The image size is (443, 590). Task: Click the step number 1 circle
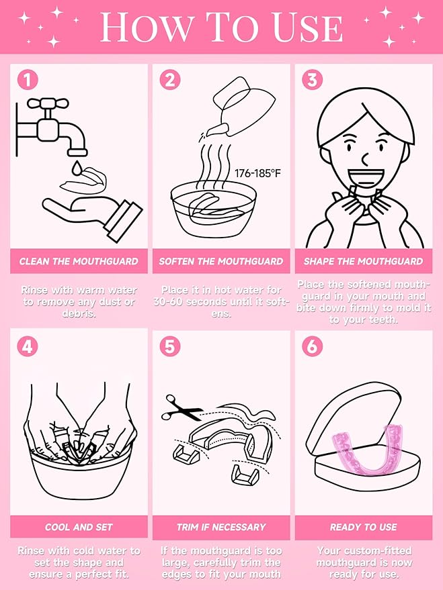coord(28,80)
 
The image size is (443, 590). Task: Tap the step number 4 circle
coord(28,346)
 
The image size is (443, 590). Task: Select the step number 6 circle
coord(313,346)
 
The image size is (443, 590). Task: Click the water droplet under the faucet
coord(77,168)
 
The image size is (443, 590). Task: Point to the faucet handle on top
coord(48,103)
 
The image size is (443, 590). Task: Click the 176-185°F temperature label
coord(257,173)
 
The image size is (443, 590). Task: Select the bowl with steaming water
coord(214,210)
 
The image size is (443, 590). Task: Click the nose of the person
coord(366,160)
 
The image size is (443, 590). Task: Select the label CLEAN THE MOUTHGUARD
coord(79,261)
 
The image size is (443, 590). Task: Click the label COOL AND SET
coord(79,527)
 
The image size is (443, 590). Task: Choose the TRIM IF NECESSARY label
coord(221,527)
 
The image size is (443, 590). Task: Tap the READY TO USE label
coord(364,527)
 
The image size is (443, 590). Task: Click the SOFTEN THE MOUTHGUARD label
coord(221,261)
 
